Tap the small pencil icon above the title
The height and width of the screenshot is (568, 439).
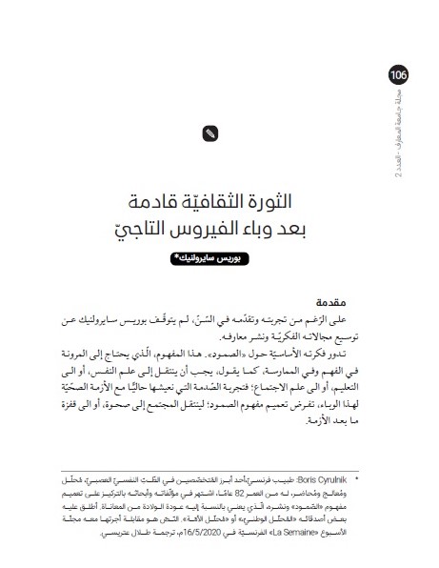tap(209, 134)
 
